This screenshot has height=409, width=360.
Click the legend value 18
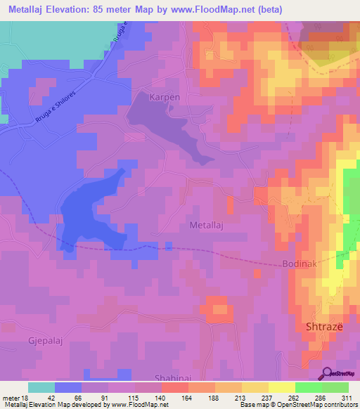pos(25,398)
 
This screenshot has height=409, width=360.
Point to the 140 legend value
pos(160,398)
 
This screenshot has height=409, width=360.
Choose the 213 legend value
pos(240,398)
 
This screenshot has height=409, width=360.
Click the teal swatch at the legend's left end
pos(41,387)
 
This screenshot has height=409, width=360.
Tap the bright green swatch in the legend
pos(309,387)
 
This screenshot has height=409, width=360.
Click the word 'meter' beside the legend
pos(11,398)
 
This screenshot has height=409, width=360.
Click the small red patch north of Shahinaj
pos(217,308)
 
